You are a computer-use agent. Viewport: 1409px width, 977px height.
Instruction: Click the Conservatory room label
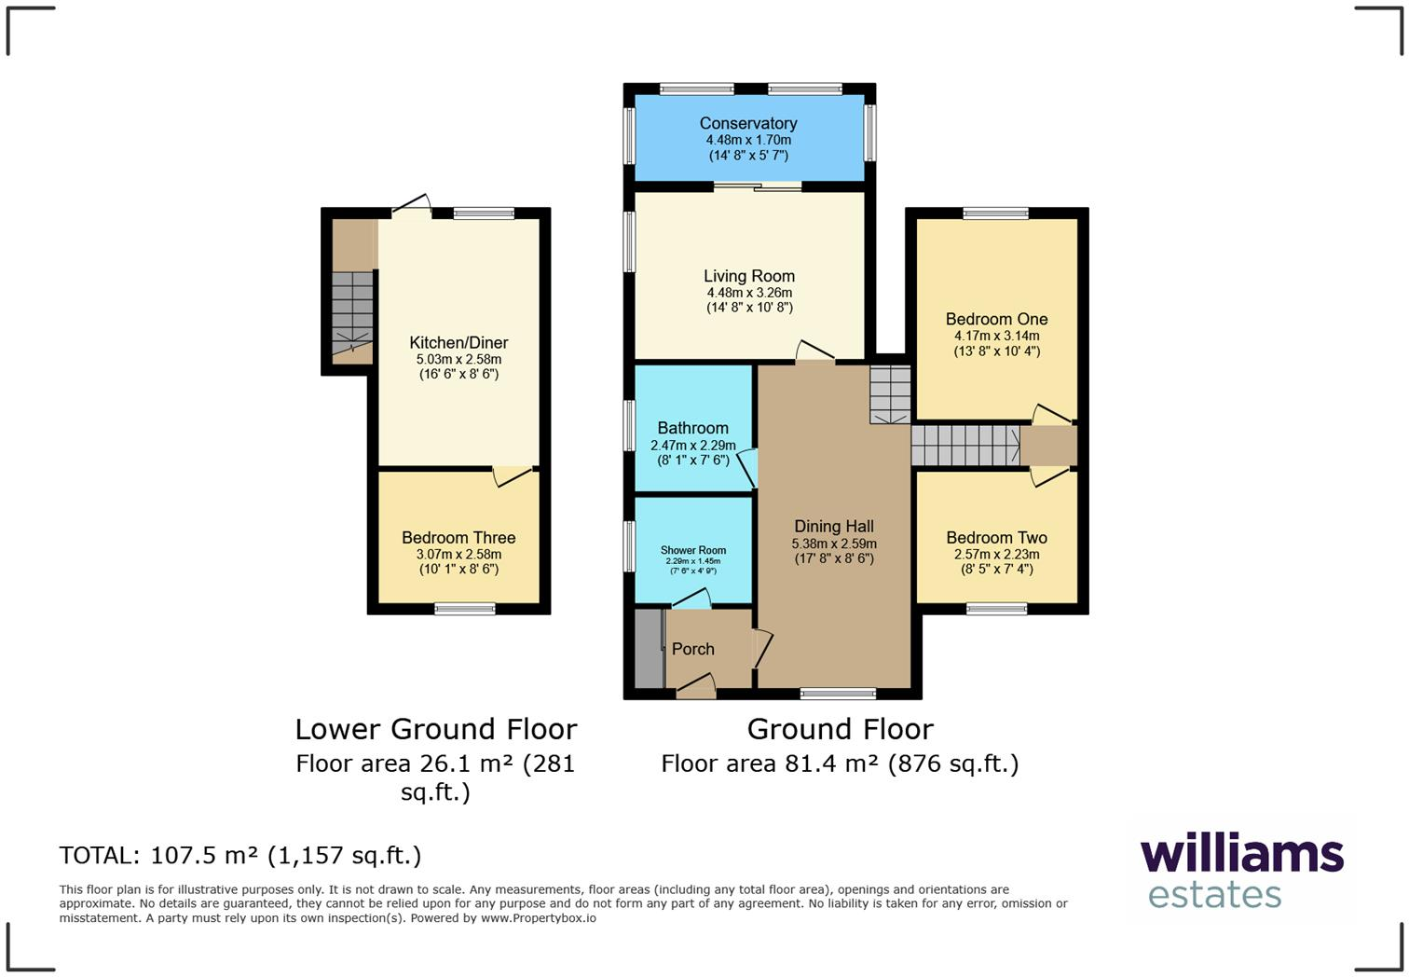[748, 123]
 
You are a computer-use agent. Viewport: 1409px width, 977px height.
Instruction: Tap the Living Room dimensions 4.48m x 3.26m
[749, 293]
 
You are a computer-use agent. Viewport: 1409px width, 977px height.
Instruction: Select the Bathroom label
[692, 428]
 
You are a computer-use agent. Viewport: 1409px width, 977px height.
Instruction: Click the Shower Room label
[692, 550]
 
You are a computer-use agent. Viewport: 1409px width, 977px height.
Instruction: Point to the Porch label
[692, 649]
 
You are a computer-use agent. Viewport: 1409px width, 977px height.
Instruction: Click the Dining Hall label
[833, 527]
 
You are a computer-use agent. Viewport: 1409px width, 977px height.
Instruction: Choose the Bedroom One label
[996, 319]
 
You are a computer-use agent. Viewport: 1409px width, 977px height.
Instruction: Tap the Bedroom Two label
[996, 538]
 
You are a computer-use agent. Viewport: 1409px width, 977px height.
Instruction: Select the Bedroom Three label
[458, 538]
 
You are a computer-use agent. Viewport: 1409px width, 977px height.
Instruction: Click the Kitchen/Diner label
[458, 342]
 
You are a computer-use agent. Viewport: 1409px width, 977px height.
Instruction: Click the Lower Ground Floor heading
[436, 729]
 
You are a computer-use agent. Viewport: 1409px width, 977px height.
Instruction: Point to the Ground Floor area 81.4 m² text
[840, 764]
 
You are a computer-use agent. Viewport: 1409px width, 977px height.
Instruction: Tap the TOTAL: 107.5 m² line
[240, 855]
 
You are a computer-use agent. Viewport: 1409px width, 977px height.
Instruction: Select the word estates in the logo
[1214, 895]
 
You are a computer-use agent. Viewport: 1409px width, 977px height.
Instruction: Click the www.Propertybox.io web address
[538, 918]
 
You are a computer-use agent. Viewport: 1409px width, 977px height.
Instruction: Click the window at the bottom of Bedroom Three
[464, 610]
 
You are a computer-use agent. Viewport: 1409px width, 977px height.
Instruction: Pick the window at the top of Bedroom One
[995, 213]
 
